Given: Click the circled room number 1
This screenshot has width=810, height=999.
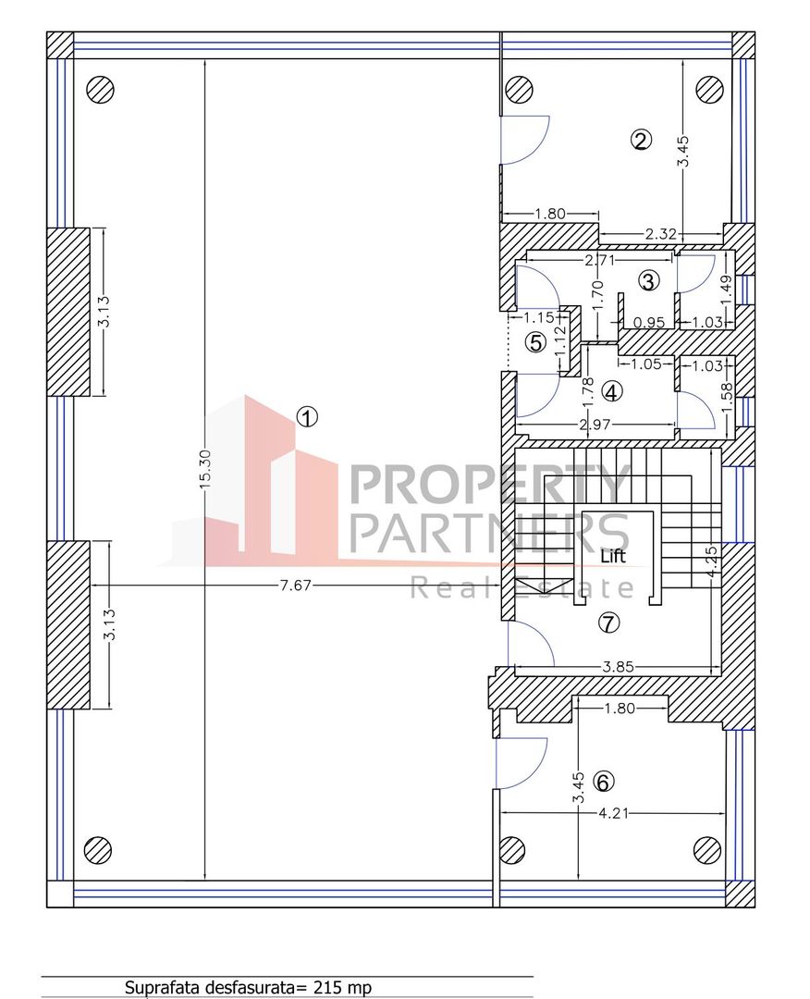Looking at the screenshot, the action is click(307, 417).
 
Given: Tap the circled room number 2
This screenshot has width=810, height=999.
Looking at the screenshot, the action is click(641, 140).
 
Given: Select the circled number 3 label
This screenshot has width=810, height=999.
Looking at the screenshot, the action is click(648, 280).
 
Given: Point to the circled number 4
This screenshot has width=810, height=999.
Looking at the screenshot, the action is click(611, 392).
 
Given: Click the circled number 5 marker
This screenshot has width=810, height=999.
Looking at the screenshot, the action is click(535, 343).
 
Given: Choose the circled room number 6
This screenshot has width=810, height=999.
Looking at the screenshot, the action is click(603, 781).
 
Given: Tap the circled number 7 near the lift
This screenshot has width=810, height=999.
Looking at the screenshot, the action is click(609, 623).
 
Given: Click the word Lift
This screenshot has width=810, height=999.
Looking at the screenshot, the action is click(613, 556).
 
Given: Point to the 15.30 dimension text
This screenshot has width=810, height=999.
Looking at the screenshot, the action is click(204, 470).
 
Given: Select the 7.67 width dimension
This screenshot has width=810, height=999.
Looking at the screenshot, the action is click(296, 585).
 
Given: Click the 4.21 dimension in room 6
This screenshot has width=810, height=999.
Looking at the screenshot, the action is click(613, 813).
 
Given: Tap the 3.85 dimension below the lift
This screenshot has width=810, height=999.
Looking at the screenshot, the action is click(619, 667).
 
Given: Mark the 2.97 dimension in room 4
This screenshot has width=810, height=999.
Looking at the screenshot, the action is click(595, 425).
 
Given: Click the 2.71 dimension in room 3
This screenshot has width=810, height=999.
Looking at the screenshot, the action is click(600, 259).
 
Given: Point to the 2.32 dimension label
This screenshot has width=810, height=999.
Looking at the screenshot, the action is click(660, 234).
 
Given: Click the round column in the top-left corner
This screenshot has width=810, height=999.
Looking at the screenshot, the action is click(100, 89).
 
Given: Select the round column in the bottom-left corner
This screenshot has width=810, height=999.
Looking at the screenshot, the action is click(98, 849).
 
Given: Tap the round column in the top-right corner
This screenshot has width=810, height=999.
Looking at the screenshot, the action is click(710, 89).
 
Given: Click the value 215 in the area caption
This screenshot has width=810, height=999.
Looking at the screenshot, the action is click(326, 988).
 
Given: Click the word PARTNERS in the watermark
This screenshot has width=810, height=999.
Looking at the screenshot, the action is click(489, 534).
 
